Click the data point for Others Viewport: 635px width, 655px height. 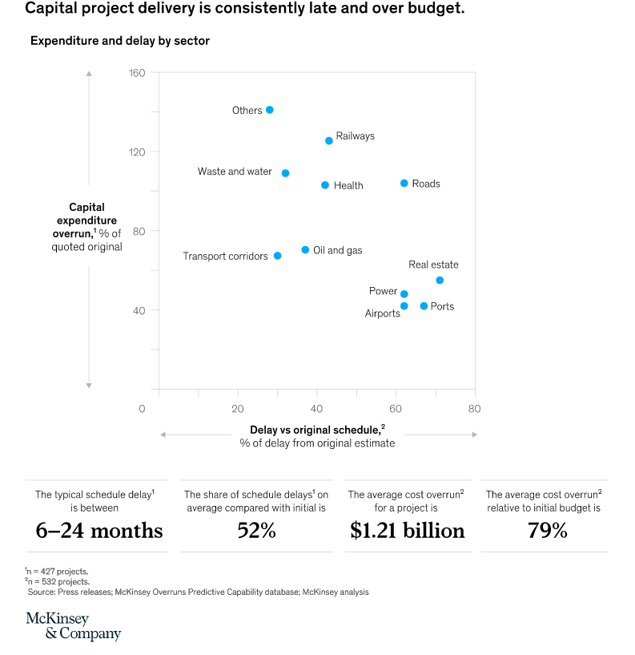click(x=269, y=110)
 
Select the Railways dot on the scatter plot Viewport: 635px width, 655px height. click(x=328, y=140)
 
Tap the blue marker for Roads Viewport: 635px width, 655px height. click(x=404, y=184)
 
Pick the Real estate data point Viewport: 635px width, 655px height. click(x=440, y=280)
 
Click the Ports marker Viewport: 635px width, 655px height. click(x=424, y=306)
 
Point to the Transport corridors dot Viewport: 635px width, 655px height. click(x=277, y=256)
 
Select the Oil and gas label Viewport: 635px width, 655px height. click(x=337, y=250)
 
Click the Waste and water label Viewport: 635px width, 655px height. click(x=235, y=172)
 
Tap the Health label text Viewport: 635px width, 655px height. click(x=348, y=185)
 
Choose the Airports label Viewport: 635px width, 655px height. click(x=382, y=313)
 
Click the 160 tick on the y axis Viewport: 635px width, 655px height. click(x=137, y=73)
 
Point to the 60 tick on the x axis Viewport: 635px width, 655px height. click(x=396, y=409)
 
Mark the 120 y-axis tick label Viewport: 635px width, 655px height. click(x=137, y=152)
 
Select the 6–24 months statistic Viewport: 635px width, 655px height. click(x=99, y=531)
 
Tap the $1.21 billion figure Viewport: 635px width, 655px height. click(x=407, y=531)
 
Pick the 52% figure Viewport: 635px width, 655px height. click(x=256, y=531)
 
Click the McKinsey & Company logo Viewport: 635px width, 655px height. click(x=73, y=626)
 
